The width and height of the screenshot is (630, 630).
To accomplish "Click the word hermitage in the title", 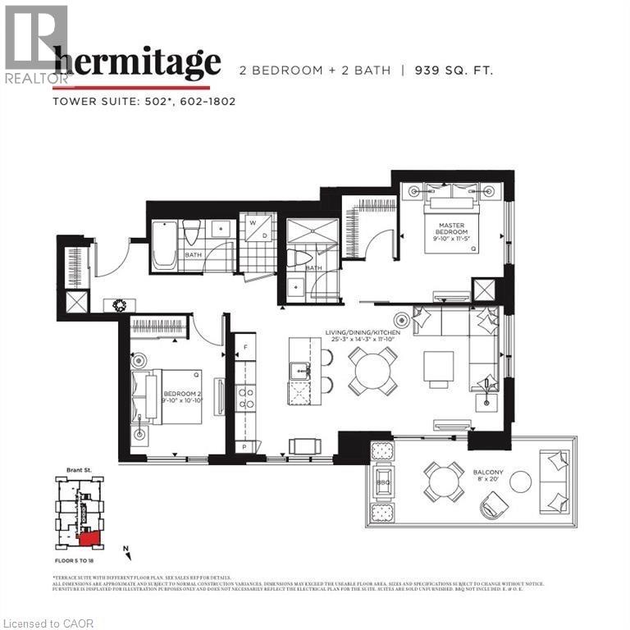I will pos(137,62).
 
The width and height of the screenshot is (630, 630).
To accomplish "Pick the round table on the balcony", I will pos(443,482).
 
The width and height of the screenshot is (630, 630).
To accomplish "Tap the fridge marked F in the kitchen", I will pos(245,348).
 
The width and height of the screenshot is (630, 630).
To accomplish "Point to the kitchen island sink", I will pos(299,371).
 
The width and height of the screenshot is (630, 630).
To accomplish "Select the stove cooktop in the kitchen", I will pos(245,398).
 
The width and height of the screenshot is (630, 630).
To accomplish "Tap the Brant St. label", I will pos(79,472).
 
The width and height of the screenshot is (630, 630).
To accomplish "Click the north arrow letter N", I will pos(126,548).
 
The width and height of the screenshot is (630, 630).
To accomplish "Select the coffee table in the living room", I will pos(438,366).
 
